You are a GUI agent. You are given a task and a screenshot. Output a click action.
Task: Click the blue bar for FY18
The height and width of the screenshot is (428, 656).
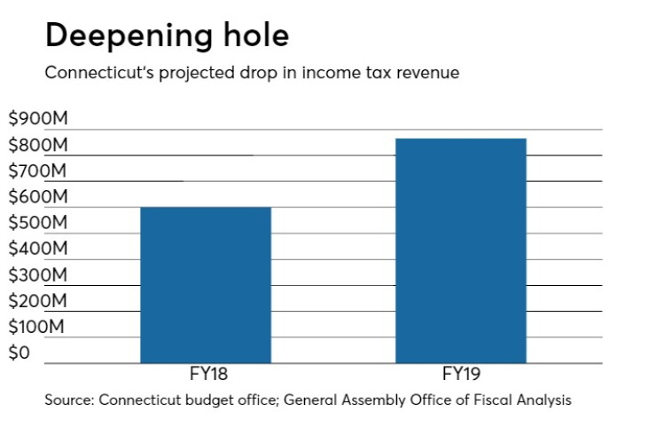tap(206, 285)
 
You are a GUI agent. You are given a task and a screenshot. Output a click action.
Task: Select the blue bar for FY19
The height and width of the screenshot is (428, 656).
tap(461, 250)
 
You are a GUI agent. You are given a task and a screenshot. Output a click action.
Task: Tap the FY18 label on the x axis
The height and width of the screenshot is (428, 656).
tap(208, 374)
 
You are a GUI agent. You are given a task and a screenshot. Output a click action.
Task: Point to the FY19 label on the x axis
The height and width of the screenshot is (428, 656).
tap(462, 374)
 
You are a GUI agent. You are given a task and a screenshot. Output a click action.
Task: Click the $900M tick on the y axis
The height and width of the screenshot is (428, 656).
tap(38, 118)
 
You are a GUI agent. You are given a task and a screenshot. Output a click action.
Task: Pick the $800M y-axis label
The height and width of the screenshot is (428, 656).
tap(38, 145)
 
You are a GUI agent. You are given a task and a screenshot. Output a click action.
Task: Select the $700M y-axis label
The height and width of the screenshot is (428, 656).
tap(37, 170)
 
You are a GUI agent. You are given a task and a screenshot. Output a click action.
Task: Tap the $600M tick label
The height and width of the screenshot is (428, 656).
tap(38, 196)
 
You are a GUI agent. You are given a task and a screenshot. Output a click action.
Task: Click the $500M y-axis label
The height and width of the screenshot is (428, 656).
tap(38, 222)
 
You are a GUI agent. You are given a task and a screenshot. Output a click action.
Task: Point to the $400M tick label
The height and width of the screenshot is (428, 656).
tap(38, 248)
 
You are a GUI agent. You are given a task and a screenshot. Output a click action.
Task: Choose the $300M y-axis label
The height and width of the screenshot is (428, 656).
tap(38, 274)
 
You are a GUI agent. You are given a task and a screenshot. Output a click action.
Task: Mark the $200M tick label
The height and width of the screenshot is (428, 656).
tap(37, 300)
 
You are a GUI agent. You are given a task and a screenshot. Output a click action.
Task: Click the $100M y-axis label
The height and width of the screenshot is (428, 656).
tap(36, 326)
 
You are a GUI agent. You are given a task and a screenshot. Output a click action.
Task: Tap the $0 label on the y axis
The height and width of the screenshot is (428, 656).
tap(20, 353)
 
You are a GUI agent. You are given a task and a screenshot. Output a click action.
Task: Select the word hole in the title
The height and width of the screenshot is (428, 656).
tap(256, 35)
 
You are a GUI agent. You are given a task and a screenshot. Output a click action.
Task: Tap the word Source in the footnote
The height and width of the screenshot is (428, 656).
tap(69, 400)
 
